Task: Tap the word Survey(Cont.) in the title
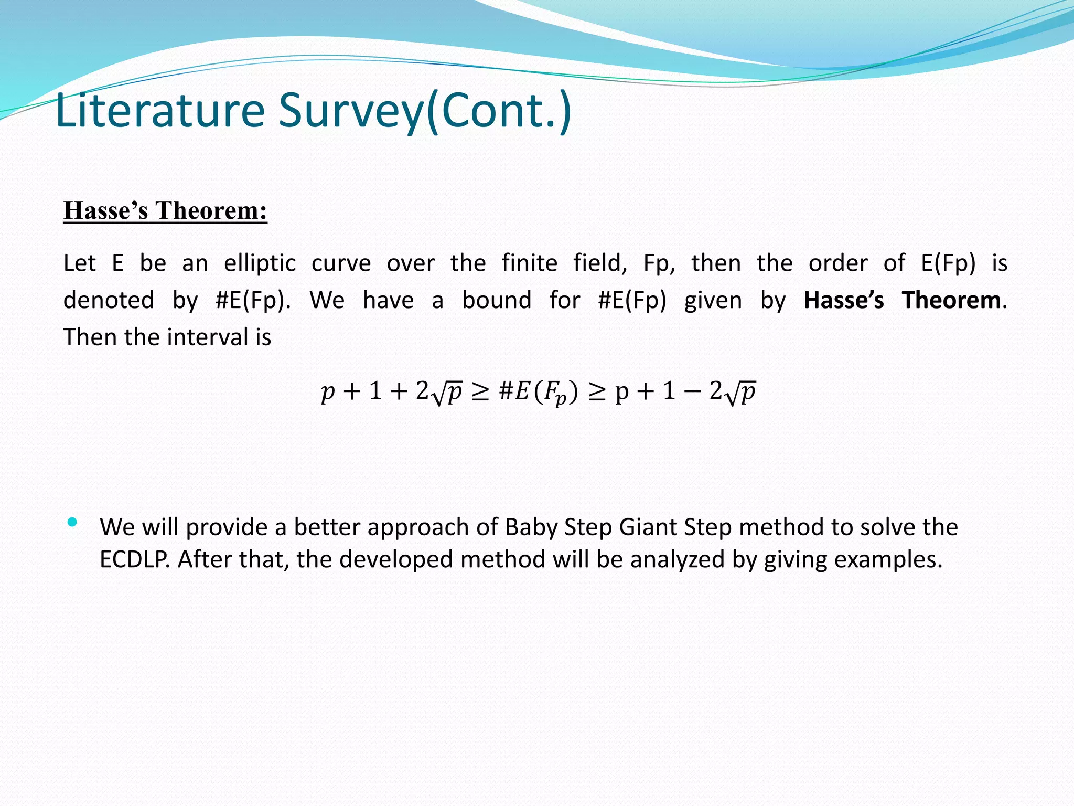tap(425, 111)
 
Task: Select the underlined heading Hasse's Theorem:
tap(165, 211)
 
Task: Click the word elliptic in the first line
tap(260, 263)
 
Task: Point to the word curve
tap(341, 263)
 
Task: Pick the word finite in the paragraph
tap(529, 263)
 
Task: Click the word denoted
tap(109, 300)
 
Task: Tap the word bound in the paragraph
tap(497, 300)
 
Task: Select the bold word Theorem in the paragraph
tap(951, 300)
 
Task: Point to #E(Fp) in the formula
tap(538, 392)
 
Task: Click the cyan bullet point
tap(72, 522)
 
